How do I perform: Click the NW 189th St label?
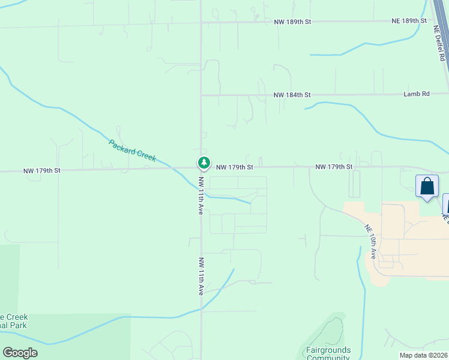tap(292, 21)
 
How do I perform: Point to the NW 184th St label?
tap(292, 95)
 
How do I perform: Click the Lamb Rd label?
tap(417, 94)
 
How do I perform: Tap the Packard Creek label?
tap(132, 150)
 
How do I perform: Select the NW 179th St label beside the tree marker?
tap(235, 167)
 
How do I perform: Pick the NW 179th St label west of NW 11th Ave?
tap(42, 170)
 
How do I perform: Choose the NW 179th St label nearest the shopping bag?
tap(334, 166)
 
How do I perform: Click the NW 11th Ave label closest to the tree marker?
tap(202, 196)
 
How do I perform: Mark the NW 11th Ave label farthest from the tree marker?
tap(202, 276)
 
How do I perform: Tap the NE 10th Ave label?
tap(370, 241)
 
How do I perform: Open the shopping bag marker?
tap(427, 186)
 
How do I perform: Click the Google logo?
tap(20, 353)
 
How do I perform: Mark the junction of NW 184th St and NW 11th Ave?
tap(201, 95)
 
